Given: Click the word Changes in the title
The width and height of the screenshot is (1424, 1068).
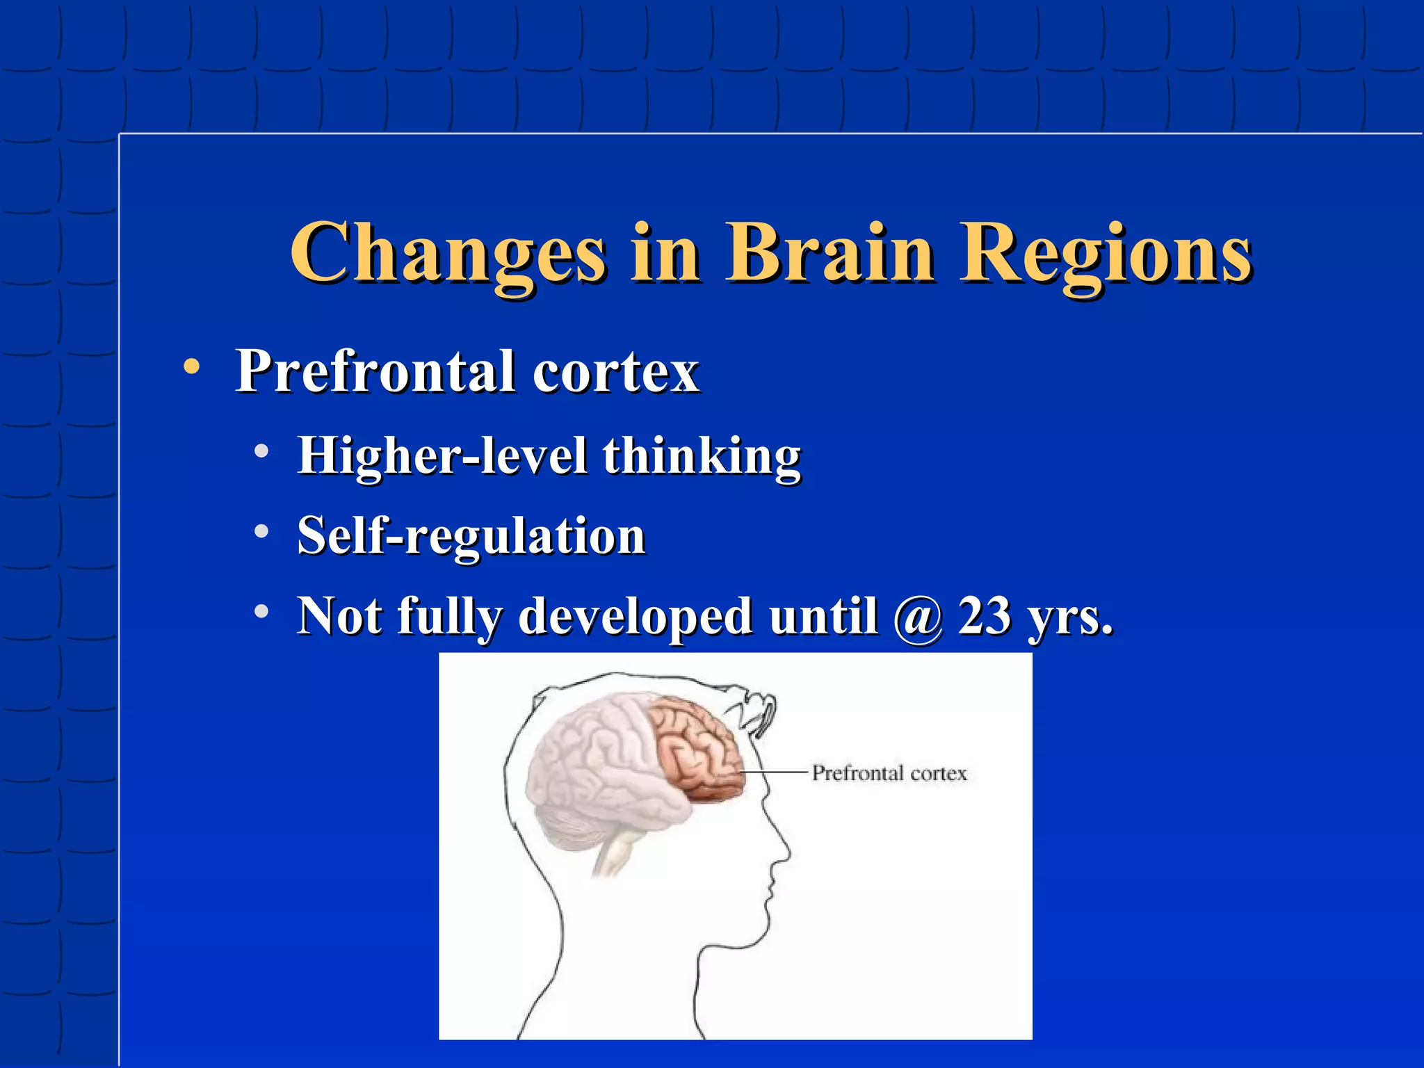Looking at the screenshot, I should (448, 253).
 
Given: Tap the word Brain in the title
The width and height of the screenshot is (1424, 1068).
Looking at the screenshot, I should (830, 253).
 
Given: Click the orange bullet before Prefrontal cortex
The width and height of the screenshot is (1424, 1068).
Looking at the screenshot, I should (191, 366).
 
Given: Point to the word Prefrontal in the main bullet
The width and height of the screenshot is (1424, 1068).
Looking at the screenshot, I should (375, 371).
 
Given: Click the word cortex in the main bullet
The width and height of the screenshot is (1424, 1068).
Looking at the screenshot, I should (615, 373).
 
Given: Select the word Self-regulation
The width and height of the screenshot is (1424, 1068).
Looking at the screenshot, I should (471, 536).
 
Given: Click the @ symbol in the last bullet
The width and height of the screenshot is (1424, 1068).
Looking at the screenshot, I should (919, 617).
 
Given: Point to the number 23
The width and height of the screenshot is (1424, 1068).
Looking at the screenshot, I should (984, 615).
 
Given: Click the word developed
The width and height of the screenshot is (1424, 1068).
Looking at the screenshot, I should (635, 617).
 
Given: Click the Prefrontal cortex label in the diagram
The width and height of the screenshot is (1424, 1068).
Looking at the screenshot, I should (889, 773).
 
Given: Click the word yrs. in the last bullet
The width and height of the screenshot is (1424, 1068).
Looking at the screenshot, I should (1071, 617).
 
